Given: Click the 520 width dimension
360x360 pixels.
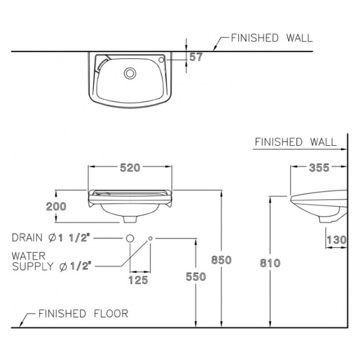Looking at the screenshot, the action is tap(130, 168).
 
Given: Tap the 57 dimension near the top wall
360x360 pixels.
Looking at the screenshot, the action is tap(196, 57).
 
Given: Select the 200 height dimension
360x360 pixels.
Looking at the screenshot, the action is tap(56, 206).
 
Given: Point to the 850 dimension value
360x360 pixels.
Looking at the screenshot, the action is tap(221, 260).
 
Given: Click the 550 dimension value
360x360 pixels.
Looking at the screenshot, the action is tap(196, 276).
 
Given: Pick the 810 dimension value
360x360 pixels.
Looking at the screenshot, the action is tap(270, 263).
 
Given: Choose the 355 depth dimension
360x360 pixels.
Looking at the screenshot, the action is tap(319, 168).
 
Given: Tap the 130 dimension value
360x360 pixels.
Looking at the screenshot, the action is tap(337, 240).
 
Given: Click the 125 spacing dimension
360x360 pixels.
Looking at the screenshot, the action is tap(138, 280).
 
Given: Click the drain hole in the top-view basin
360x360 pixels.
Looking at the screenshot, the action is tap(130, 74).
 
